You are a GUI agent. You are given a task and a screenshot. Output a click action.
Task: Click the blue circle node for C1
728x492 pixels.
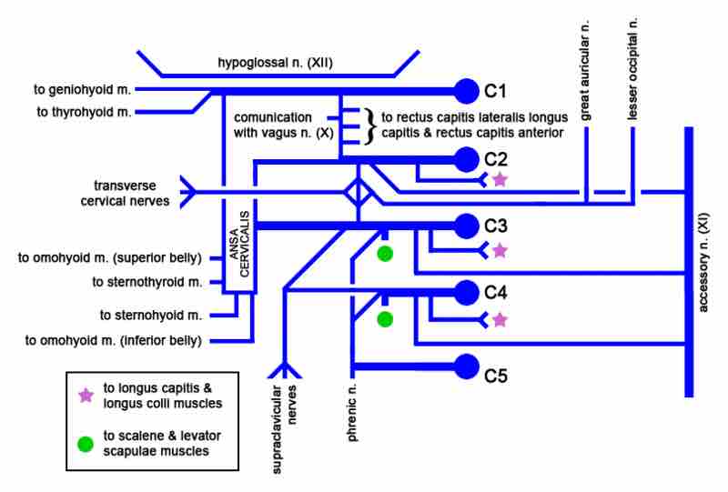click(466, 90)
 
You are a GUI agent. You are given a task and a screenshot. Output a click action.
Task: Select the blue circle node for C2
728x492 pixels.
click(466, 158)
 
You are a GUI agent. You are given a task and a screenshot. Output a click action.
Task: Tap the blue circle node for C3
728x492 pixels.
click(466, 225)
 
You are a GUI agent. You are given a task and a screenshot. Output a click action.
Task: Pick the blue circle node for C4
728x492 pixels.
click(466, 293)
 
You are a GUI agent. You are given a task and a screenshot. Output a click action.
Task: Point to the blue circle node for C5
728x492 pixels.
click(466, 366)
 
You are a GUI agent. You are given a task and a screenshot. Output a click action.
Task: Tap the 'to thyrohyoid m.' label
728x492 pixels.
click(84, 112)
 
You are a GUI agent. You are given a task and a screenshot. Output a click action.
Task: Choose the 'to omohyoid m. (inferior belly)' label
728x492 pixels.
click(114, 341)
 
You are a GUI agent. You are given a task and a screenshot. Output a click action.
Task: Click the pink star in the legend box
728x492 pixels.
click(86, 396)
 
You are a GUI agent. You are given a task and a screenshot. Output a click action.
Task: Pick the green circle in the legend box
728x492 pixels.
click(86, 443)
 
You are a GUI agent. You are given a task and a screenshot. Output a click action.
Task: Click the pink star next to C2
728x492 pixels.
click(499, 180)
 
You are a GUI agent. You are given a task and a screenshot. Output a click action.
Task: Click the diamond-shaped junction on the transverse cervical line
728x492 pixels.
click(359, 193)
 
